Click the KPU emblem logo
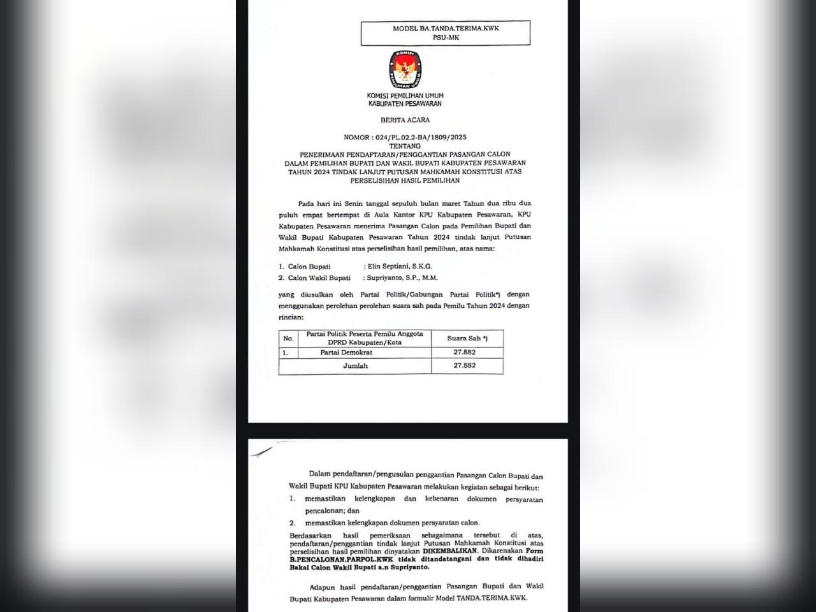[405, 68]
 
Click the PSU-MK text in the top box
[445, 38]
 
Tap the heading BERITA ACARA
[405, 120]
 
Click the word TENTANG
[405, 146]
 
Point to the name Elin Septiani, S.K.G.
[400, 266]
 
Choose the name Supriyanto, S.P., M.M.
[402, 278]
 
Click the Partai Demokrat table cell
[346, 353]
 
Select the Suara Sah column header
[467, 339]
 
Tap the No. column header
[288, 339]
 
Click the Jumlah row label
[355, 366]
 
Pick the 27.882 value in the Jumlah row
[464, 366]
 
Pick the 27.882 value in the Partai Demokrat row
[464, 353]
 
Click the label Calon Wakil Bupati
[319, 278]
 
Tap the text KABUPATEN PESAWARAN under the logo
[405, 104]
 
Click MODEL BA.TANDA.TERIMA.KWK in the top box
[445, 29]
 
